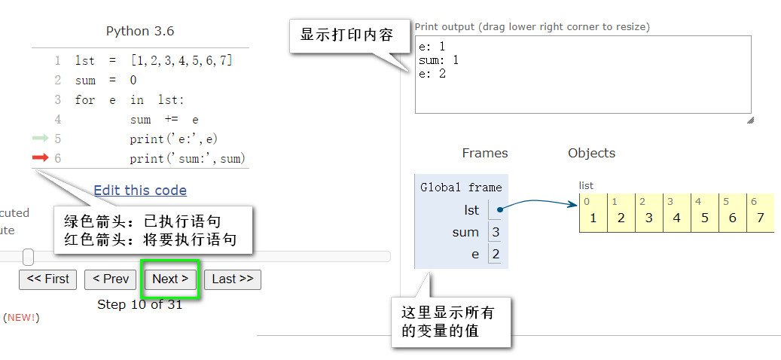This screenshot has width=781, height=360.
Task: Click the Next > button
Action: (x=170, y=279)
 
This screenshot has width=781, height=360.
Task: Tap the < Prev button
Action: (x=111, y=279)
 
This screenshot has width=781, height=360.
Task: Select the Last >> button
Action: (x=232, y=279)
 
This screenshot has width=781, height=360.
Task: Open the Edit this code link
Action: (x=140, y=191)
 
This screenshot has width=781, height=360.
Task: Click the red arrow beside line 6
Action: (x=40, y=157)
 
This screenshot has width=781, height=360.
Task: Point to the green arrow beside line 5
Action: (x=40, y=139)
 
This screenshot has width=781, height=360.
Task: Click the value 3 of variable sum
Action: (x=496, y=232)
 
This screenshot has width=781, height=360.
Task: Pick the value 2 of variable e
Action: (x=496, y=255)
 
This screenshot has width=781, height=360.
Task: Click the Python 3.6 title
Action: (x=140, y=31)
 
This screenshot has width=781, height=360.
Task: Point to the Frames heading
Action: (x=485, y=153)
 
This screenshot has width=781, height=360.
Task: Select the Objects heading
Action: (x=591, y=153)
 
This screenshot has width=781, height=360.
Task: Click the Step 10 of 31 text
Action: (x=140, y=304)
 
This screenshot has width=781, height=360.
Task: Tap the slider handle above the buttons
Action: (x=29, y=257)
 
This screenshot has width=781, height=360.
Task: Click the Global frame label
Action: (x=461, y=188)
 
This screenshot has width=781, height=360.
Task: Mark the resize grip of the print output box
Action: (x=749, y=120)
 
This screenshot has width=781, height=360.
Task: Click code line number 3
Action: (x=57, y=99)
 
